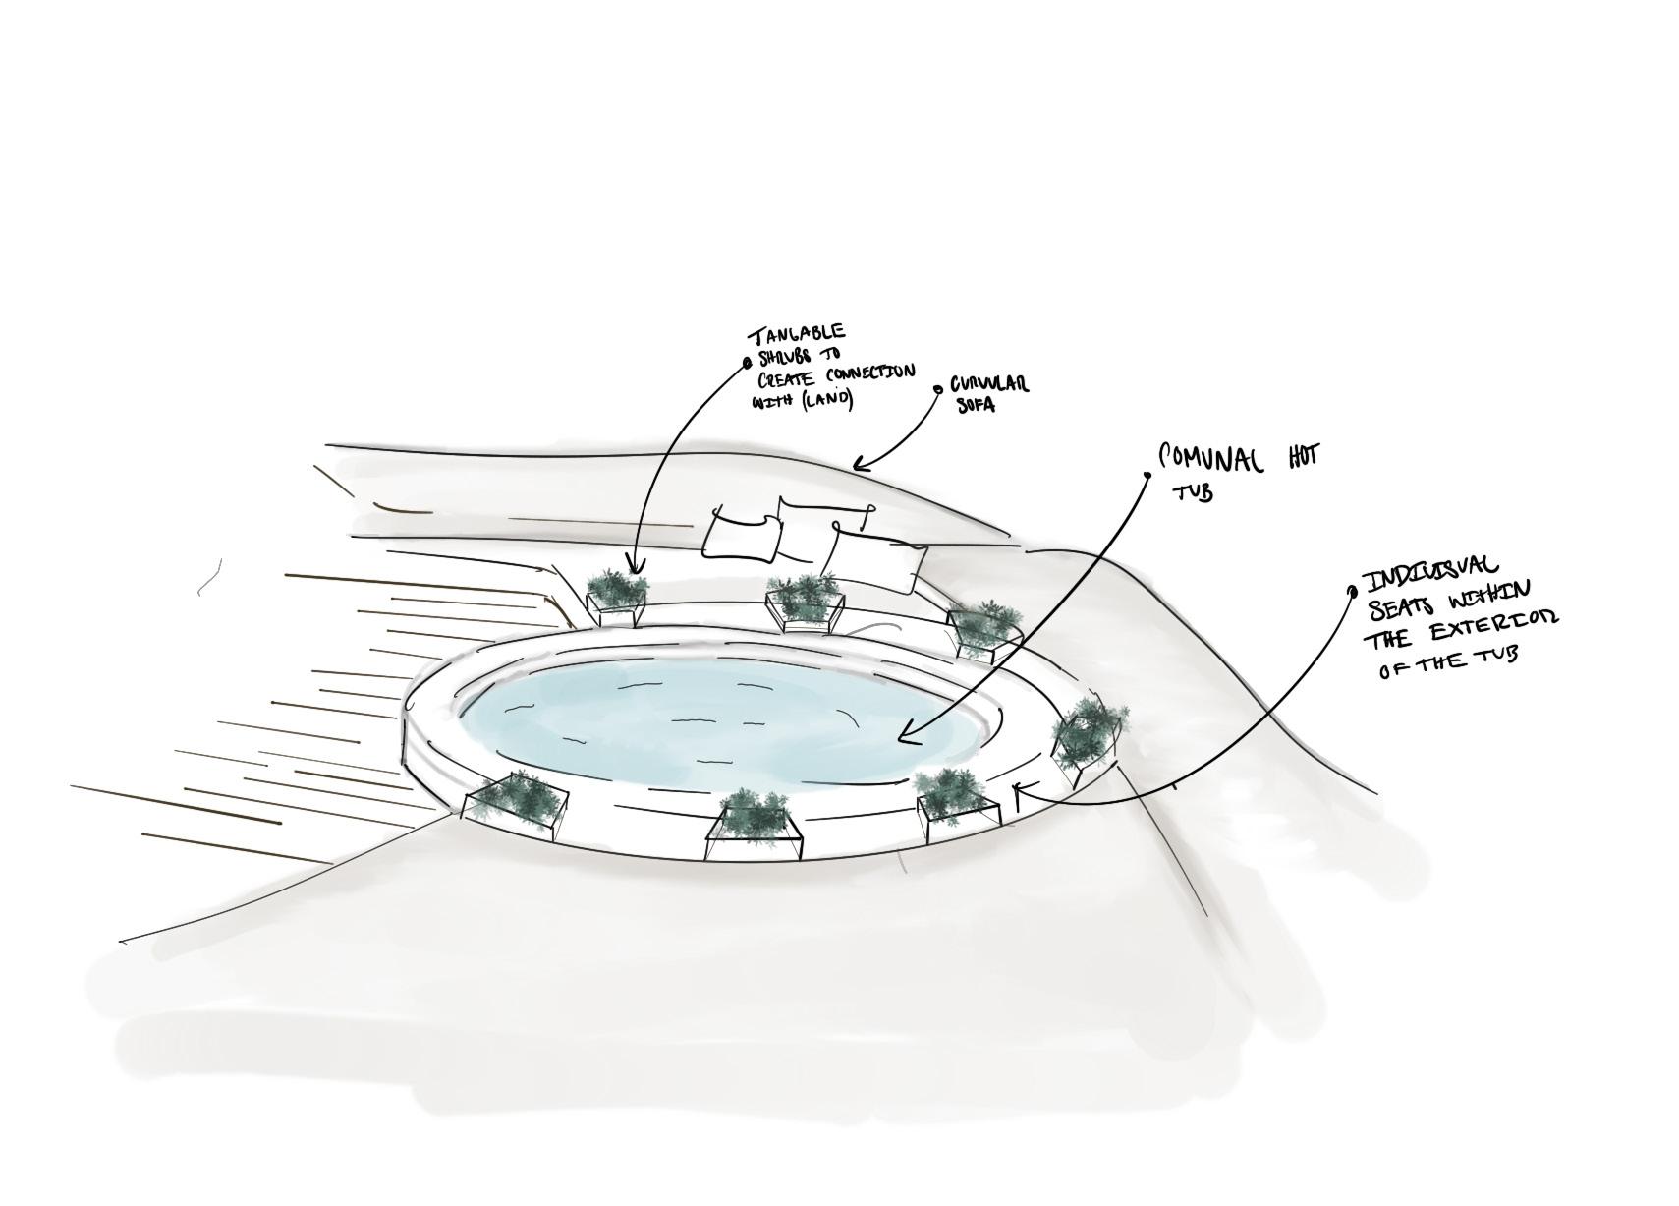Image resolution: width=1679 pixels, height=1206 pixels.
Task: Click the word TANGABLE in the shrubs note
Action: coord(799,335)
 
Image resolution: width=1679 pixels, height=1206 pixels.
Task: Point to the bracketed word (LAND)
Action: coord(827,399)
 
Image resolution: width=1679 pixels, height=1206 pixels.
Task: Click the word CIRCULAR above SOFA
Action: coord(988,384)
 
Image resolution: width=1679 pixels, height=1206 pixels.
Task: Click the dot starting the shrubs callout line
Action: coord(748,362)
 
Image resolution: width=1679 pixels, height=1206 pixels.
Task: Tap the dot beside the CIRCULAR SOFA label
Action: coord(937,389)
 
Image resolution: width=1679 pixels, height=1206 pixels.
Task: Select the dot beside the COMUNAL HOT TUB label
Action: coord(1147,475)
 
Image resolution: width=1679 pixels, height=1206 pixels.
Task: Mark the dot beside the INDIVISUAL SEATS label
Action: coord(1352,591)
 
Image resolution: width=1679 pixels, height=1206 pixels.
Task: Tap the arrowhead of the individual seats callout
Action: coord(1017,788)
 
